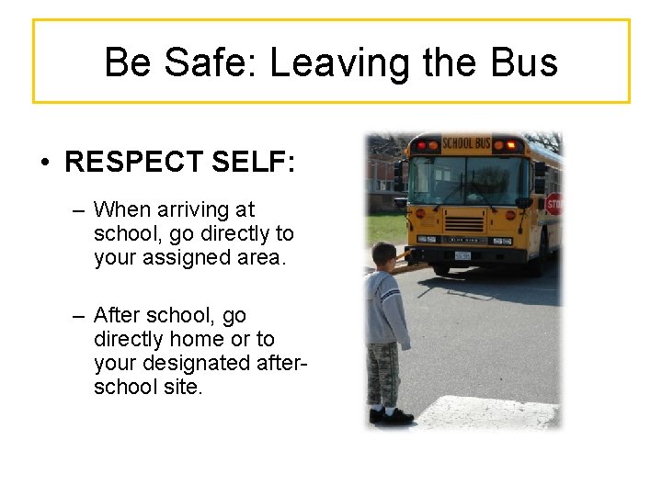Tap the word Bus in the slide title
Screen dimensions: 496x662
(x=524, y=62)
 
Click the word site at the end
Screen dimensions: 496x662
(x=184, y=387)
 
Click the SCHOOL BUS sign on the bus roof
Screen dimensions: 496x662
(x=466, y=143)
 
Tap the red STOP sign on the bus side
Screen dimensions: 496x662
(x=554, y=204)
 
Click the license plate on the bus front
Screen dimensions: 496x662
(x=462, y=255)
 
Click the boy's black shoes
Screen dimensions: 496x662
(x=391, y=415)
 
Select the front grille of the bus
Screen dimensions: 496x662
(x=464, y=223)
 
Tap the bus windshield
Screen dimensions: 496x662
(x=469, y=178)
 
